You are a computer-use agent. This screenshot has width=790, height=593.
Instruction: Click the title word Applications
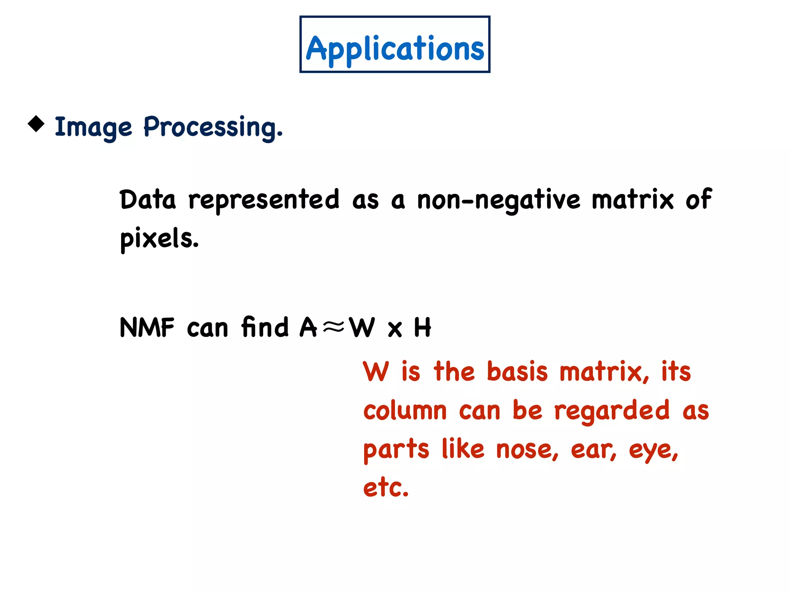[395, 49]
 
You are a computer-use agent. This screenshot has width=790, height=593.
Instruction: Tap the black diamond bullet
[36, 124]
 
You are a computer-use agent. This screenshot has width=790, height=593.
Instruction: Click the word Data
[148, 200]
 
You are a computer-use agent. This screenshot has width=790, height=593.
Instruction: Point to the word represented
[264, 200]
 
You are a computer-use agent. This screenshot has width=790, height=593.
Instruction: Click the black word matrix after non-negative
[633, 200]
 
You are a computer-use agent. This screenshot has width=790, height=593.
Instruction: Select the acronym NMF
[147, 328]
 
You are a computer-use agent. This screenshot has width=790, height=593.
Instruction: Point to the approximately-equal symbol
[333, 327]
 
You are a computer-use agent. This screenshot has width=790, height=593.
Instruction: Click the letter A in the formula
[308, 327]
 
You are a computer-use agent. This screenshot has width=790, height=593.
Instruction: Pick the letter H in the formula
[422, 327]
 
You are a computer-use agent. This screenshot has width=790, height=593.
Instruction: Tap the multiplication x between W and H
[395, 329]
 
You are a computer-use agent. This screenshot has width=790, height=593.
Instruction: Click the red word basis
[517, 371]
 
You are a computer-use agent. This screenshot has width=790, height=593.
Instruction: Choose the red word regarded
[612, 411]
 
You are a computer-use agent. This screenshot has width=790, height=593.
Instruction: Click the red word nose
[527, 450]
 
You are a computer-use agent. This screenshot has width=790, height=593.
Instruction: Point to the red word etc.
[386, 488]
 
